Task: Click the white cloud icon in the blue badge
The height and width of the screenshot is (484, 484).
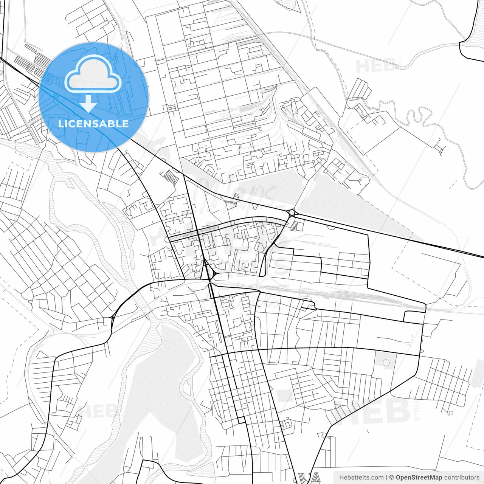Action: coord(93,74)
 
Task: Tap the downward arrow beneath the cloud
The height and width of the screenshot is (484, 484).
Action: coord(88,103)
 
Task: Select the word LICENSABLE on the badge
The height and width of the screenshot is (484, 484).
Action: coord(93,124)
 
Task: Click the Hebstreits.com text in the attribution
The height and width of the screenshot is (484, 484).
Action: coord(361,478)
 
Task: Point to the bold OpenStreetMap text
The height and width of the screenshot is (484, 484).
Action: coord(419,478)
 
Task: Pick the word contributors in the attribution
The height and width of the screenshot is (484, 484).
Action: coord(462,478)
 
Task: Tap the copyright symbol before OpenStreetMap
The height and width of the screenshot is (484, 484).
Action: coord(392,478)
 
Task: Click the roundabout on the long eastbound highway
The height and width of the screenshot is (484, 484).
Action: coord(292,213)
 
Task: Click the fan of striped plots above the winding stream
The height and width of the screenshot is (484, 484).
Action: coord(359,89)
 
